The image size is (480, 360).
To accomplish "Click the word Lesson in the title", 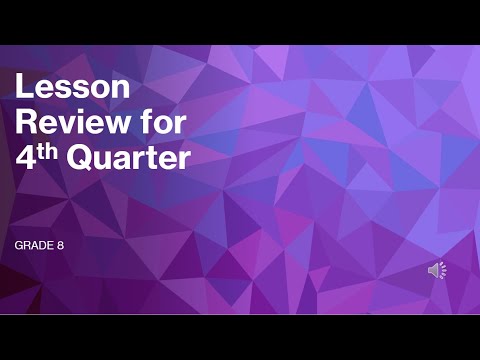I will click(72, 88).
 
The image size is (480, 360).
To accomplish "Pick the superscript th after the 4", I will click(49, 150).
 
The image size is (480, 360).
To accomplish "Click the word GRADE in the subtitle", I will click(33, 245).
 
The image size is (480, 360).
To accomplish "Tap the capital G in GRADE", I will click(18, 245).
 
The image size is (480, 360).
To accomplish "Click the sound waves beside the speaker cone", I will click(443, 270).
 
